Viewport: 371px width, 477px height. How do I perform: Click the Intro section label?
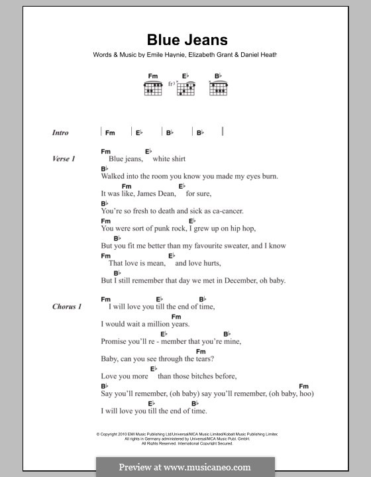60,132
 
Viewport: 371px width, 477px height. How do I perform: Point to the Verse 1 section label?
64,159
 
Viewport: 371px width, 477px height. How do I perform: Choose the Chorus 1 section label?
67,307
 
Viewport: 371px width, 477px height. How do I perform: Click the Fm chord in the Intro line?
109,132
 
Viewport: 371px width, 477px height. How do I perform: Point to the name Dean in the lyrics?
166,194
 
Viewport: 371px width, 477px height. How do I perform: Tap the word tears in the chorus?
201,358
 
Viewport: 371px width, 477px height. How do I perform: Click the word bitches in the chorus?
196,376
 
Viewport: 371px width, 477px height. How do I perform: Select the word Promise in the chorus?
115,341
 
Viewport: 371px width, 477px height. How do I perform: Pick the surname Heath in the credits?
264,56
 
